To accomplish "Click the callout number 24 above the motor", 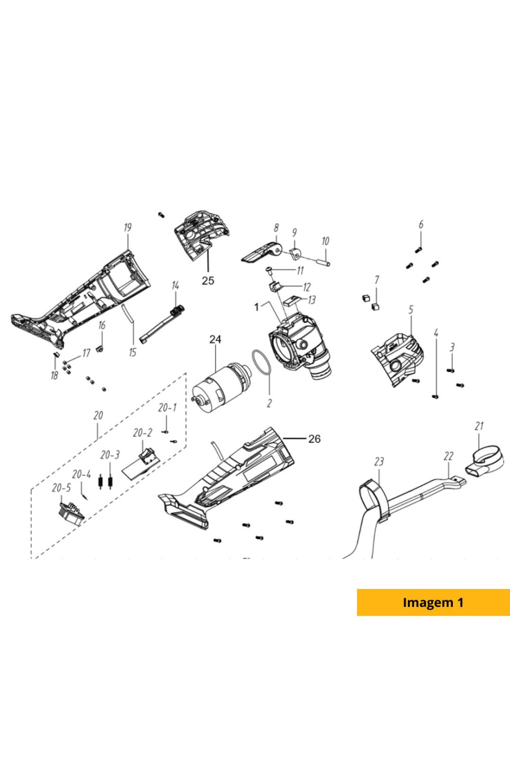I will coord(215,339).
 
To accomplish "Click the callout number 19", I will coord(127,227).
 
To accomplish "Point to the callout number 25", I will coord(208,280).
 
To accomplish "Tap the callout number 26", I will coord(315,439).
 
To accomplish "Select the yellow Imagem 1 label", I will coord(433,602).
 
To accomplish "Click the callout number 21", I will coord(479,426).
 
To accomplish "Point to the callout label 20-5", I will coord(62,488).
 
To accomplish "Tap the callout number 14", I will coord(175,286).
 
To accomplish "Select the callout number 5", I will coord(411,310).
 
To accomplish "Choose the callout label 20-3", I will coord(110,455).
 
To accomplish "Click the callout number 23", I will coord(379,462).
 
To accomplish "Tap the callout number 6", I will coord(421,225).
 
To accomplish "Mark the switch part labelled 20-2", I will coord(147,455).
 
